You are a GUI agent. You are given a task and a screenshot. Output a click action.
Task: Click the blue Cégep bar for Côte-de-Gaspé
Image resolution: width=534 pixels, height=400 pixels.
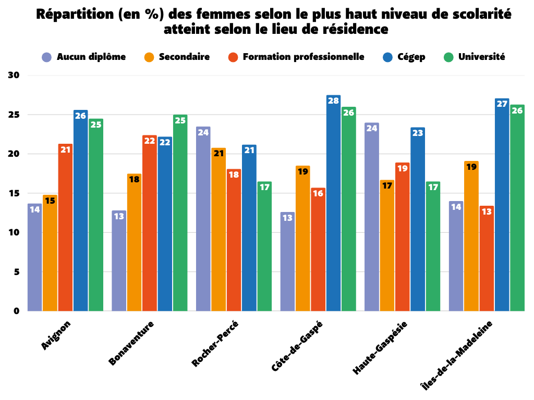[333, 203]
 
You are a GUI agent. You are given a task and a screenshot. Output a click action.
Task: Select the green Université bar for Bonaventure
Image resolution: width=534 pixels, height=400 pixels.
[180, 213]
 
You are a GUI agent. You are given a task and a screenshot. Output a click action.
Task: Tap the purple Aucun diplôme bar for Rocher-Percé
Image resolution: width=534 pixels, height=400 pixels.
[203, 219]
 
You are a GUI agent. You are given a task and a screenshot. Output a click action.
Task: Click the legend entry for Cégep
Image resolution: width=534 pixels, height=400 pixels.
[410, 57]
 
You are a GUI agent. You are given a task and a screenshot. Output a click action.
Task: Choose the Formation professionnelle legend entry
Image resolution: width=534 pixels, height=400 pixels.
[303, 57]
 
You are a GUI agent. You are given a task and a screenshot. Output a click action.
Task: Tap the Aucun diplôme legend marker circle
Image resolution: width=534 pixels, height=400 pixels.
[47, 57]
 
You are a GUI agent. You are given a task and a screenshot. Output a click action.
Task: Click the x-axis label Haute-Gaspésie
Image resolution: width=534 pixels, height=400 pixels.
[380, 347]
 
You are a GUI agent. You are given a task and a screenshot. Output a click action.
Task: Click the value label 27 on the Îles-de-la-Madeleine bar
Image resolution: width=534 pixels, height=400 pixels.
[502, 104]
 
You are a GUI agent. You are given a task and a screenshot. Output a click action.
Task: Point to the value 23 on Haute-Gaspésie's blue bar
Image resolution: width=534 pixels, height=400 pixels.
[418, 133]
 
